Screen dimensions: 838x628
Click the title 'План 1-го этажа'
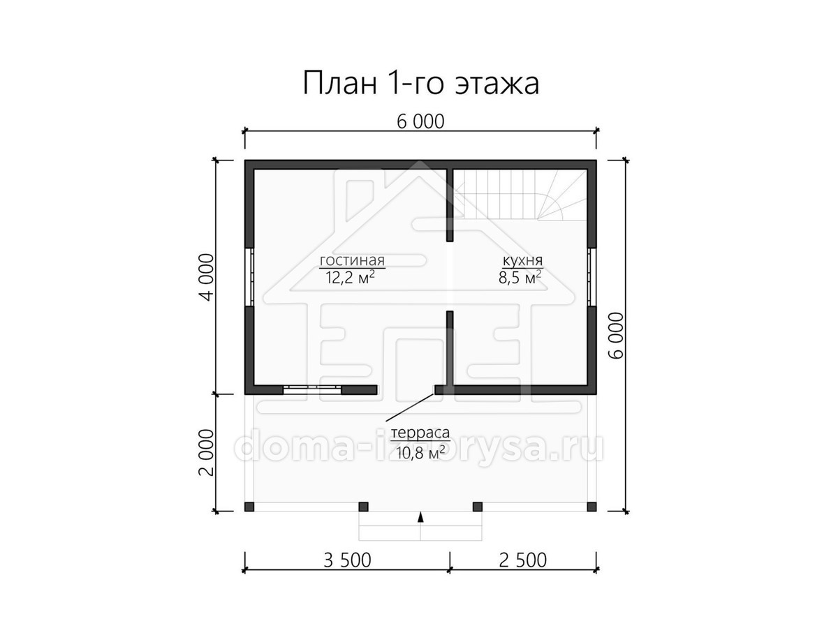point(420,84)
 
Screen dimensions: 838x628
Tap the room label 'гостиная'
point(352,260)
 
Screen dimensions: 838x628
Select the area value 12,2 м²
point(350,278)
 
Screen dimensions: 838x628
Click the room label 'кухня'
point(522,261)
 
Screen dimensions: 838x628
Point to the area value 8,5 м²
point(520,278)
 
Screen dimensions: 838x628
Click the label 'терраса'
point(420,433)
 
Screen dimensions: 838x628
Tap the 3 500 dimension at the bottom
point(347,560)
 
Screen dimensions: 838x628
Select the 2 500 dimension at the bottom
point(523,560)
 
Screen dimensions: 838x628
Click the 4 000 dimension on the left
point(207,277)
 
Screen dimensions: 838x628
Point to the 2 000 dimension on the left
point(207,453)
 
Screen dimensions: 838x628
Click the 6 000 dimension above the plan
point(420,121)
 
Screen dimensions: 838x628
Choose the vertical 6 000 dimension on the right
point(616,336)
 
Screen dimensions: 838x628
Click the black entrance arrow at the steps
point(420,517)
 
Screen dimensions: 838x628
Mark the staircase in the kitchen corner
point(520,195)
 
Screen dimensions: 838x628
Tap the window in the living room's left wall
point(249,277)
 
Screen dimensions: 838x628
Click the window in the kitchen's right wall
point(591,277)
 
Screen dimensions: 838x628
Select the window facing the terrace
point(312,389)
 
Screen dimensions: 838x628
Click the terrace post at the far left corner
point(249,507)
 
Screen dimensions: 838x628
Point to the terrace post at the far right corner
point(591,507)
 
